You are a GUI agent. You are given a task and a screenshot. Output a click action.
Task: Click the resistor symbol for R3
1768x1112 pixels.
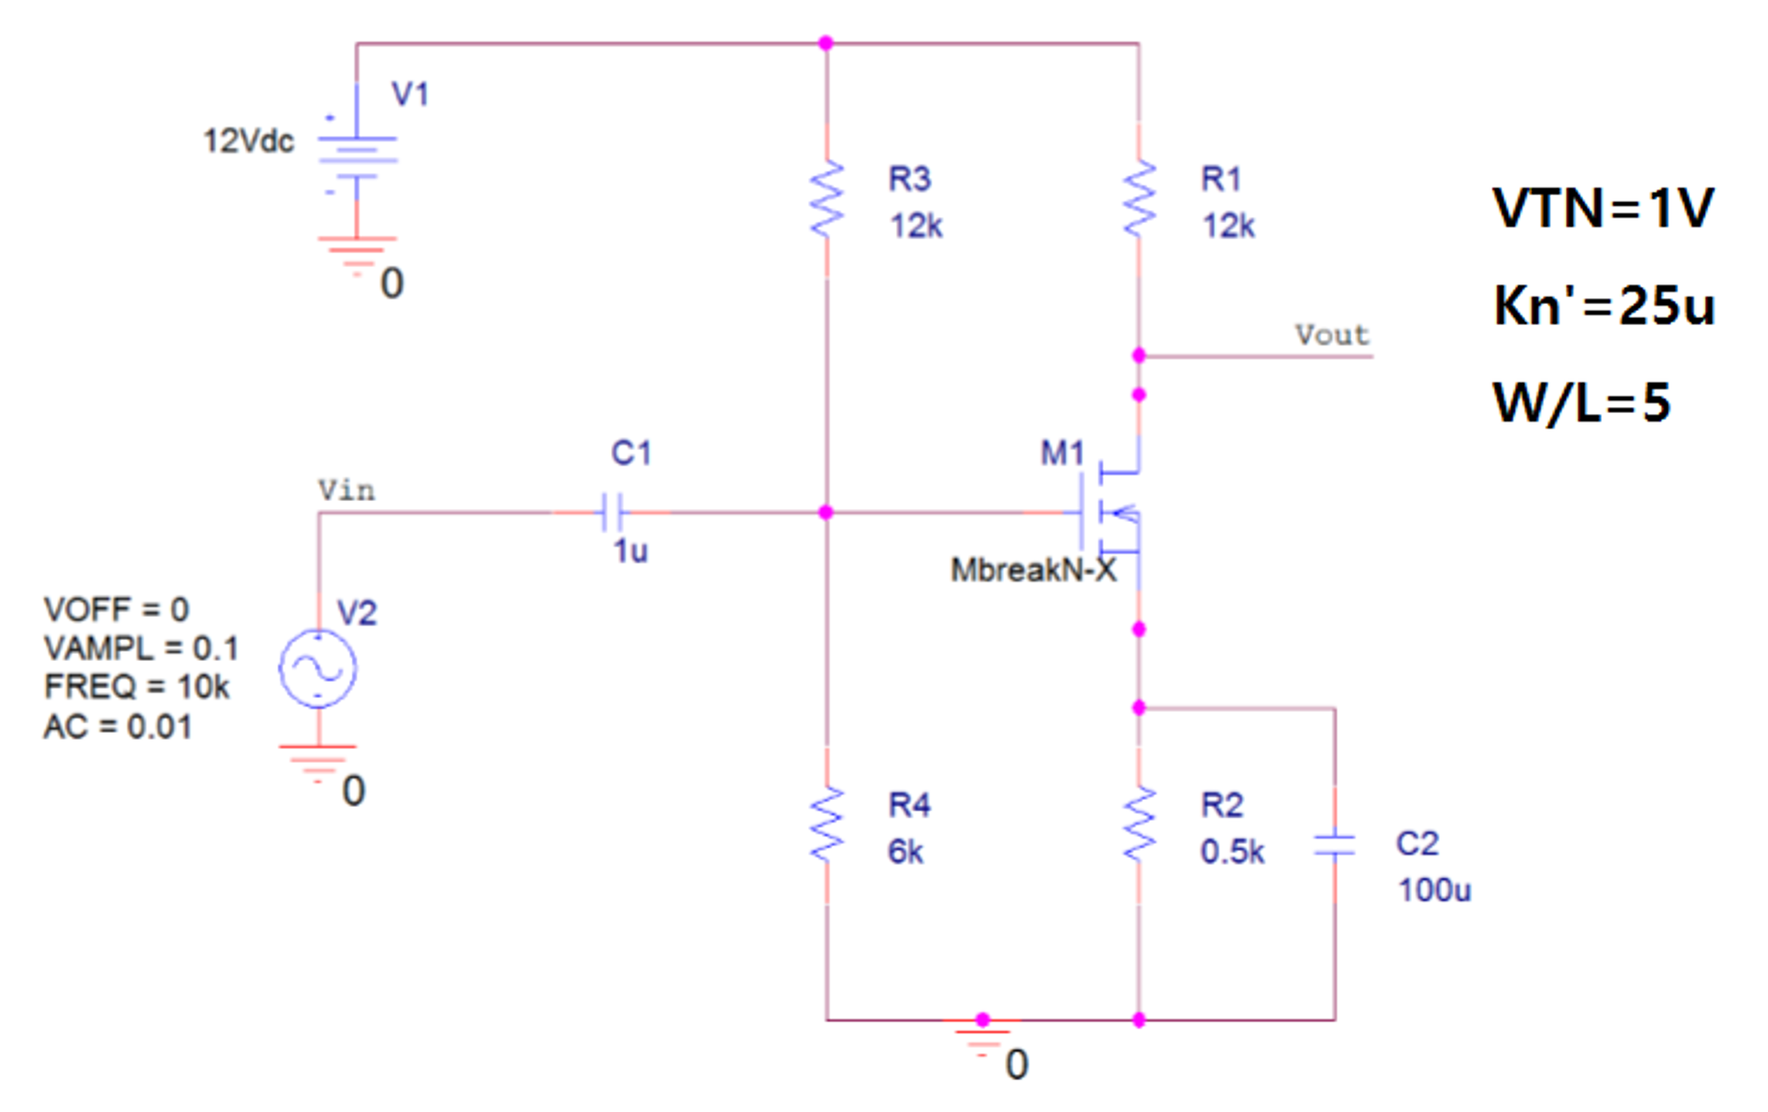pos(827,199)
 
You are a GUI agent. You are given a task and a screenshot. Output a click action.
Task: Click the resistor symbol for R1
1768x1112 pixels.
pos(1139,199)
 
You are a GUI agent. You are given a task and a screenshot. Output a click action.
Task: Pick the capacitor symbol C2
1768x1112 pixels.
pos(1334,845)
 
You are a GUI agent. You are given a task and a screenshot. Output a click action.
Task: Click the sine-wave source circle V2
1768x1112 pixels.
pos(318,669)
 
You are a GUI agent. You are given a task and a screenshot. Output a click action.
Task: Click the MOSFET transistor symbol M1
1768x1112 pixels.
pos(1110,512)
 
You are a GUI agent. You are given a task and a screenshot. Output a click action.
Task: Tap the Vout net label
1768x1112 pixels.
pos(1332,335)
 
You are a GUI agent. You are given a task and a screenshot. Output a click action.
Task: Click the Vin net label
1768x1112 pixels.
pos(347,491)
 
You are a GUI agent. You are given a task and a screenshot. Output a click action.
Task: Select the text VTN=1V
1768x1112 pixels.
pos(1603,208)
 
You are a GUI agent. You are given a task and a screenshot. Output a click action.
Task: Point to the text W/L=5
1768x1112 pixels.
pos(1581,403)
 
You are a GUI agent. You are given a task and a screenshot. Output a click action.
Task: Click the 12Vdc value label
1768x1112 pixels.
pos(249,141)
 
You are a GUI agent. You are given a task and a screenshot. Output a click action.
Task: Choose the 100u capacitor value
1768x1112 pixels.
pos(1434,890)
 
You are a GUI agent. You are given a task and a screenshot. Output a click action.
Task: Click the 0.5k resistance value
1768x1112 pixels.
pos(1232,852)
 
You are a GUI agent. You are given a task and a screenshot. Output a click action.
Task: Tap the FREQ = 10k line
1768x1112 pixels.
pos(137,687)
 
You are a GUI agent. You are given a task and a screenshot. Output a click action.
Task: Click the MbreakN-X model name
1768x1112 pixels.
pos(1033,570)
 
